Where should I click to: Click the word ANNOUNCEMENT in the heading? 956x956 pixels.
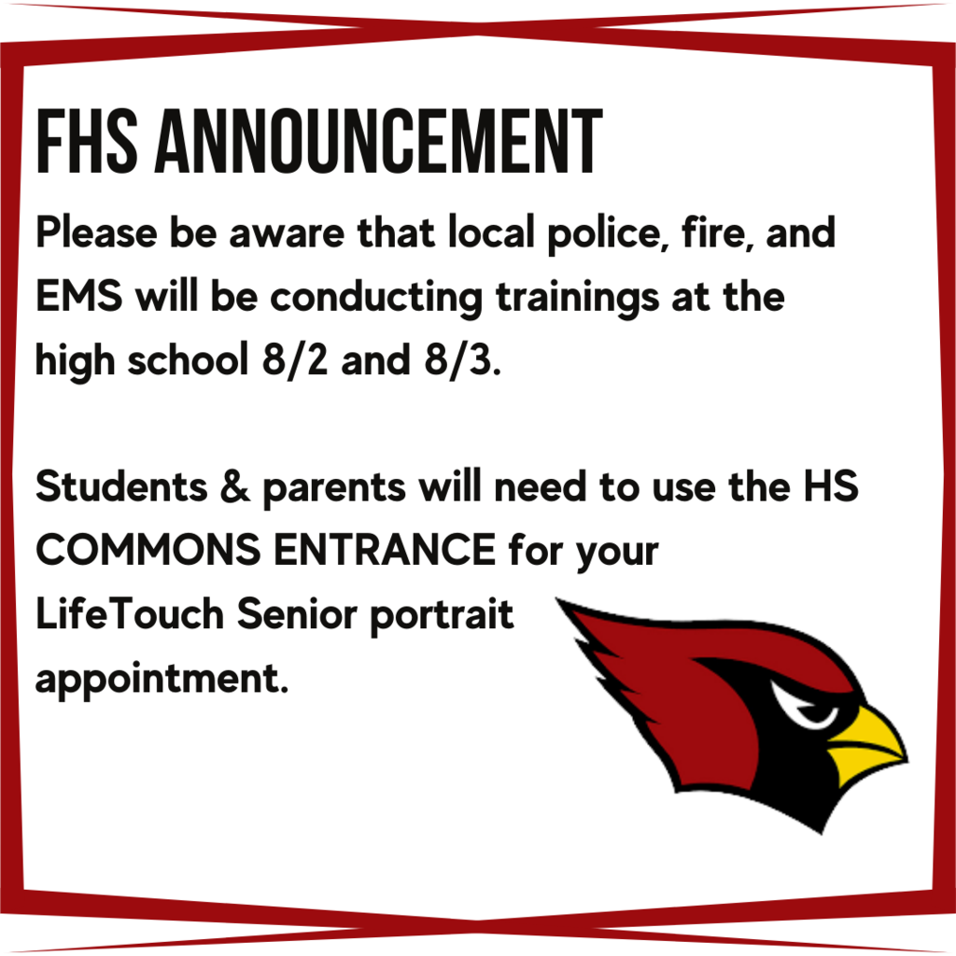pos(379,142)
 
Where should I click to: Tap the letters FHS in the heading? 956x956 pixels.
pos(87,142)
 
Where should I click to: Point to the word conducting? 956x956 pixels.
pos(376,299)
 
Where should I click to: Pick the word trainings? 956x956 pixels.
pos(577,299)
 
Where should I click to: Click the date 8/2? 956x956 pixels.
pos(295,360)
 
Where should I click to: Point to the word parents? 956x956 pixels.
pos(334,489)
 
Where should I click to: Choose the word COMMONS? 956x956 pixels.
pos(148,550)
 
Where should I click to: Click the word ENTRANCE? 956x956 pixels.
pos(385,550)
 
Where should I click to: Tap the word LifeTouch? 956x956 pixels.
pos(130,613)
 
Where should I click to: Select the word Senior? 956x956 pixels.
pos(297,613)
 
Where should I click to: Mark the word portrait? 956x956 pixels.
pos(442,616)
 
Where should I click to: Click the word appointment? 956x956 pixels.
pos(162,680)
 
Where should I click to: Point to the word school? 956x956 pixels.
pos(188,359)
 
